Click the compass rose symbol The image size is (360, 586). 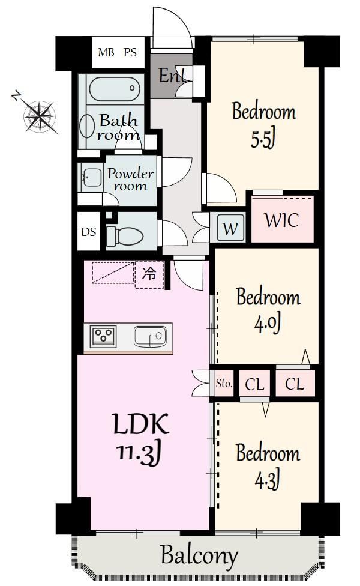tap(40, 116)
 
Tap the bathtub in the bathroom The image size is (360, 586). tap(115, 89)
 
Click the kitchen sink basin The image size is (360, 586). tap(150, 336)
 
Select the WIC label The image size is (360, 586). tap(282, 220)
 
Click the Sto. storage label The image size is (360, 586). tap(224, 383)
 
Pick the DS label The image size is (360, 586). tap(89, 232)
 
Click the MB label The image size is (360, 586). tap(106, 52)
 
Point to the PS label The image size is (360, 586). tap(130, 52)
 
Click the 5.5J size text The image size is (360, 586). tap(263, 139)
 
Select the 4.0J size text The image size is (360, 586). tap(268, 324)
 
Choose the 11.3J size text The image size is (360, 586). tap(140, 454)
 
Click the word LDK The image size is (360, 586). tap(141, 424)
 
